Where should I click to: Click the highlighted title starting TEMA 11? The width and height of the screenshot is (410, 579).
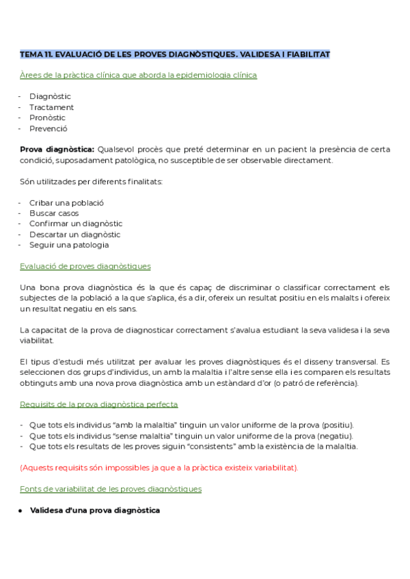(x=175, y=54)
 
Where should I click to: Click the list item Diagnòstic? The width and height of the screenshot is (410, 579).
(x=50, y=96)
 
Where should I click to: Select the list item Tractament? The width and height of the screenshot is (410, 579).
(x=51, y=107)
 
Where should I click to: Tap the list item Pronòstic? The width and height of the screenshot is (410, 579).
(x=47, y=117)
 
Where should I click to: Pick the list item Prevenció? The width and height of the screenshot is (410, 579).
(x=48, y=128)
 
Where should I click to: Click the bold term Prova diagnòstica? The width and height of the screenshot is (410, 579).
(x=57, y=150)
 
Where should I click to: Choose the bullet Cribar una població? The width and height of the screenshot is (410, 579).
(x=66, y=203)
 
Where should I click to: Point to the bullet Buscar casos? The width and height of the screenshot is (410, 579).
(x=54, y=213)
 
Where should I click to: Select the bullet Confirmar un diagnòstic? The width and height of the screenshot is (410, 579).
(x=76, y=223)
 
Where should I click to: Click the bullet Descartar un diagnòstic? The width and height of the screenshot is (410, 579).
(x=74, y=234)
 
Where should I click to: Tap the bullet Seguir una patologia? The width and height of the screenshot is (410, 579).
(x=69, y=244)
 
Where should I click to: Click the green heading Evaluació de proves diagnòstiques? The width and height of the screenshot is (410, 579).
(x=85, y=266)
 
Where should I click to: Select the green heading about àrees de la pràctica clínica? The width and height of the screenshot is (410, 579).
(x=139, y=75)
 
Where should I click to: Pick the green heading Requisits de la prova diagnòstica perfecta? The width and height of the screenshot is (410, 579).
(x=104, y=404)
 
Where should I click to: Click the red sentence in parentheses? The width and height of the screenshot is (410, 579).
(x=159, y=468)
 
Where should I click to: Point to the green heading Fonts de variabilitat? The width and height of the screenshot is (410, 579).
(x=111, y=489)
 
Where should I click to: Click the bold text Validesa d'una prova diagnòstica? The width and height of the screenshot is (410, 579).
(x=95, y=510)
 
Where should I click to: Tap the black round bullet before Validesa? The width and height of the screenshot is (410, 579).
(x=21, y=510)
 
